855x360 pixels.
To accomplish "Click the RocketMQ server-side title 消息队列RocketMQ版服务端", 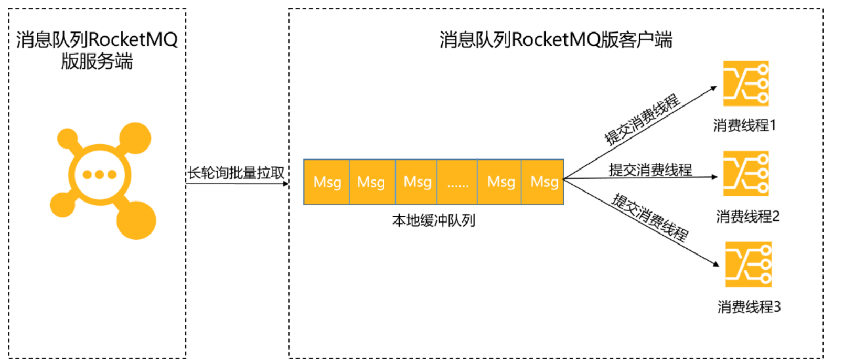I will [x=97, y=50].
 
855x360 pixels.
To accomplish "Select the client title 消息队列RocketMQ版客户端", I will [x=555, y=40].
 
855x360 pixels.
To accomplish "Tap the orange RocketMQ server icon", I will [x=102, y=178].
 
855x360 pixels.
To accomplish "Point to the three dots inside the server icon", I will [x=100, y=175].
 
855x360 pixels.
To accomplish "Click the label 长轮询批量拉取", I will [x=236, y=173].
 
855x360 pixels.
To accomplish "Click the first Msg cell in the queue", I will [x=327, y=182].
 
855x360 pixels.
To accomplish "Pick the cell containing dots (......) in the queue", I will [x=457, y=182].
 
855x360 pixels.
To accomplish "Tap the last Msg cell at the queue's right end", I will [x=543, y=182].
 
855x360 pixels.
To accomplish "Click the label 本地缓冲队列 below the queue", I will [x=433, y=220].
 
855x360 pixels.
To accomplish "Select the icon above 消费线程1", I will [x=746, y=83].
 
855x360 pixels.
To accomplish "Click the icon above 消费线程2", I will [x=746, y=174].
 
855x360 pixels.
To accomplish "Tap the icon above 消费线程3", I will [x=749, y=264].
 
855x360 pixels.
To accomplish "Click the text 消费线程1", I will [x=744, y=125].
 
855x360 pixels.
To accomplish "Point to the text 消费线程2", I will [x=747, y=216].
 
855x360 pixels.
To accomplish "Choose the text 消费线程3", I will [x=749, y=306].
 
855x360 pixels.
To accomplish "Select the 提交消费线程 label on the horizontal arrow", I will [x=650, y=170].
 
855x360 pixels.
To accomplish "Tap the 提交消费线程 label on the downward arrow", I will [x=650, y=217].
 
